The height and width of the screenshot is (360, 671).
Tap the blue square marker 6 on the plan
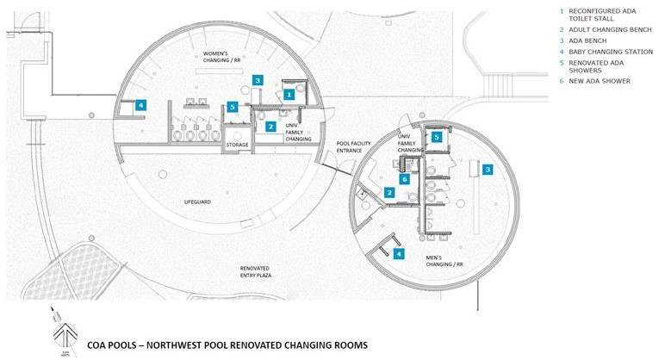point(403,179)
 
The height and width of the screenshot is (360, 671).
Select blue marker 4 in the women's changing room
point(140,105)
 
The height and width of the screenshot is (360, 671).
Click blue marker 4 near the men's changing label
point(398,253)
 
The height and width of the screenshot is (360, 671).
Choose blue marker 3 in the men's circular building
point(487,170)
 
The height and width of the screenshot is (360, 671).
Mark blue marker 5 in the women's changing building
point(233,108)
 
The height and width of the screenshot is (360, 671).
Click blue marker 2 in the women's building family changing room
point(270,127)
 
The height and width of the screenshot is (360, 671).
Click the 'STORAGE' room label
point(237,145)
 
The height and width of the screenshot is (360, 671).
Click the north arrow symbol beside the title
point(60,332)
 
